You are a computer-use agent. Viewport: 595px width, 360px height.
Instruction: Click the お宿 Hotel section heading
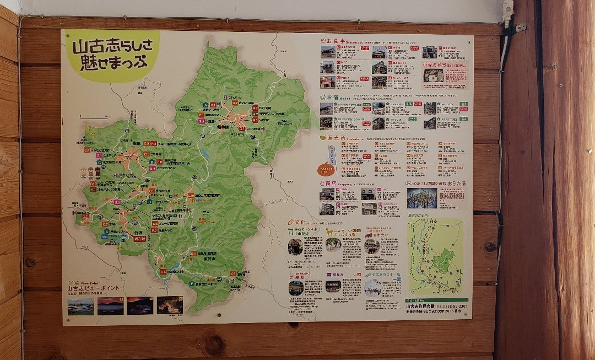click(x=328, y=96)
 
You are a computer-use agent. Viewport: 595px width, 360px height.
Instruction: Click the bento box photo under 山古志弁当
click(x=433, y=76)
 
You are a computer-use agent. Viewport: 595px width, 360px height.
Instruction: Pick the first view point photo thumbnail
click(x=80, y=306)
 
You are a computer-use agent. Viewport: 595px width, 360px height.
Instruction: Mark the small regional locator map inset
click(x=435, y=256)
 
